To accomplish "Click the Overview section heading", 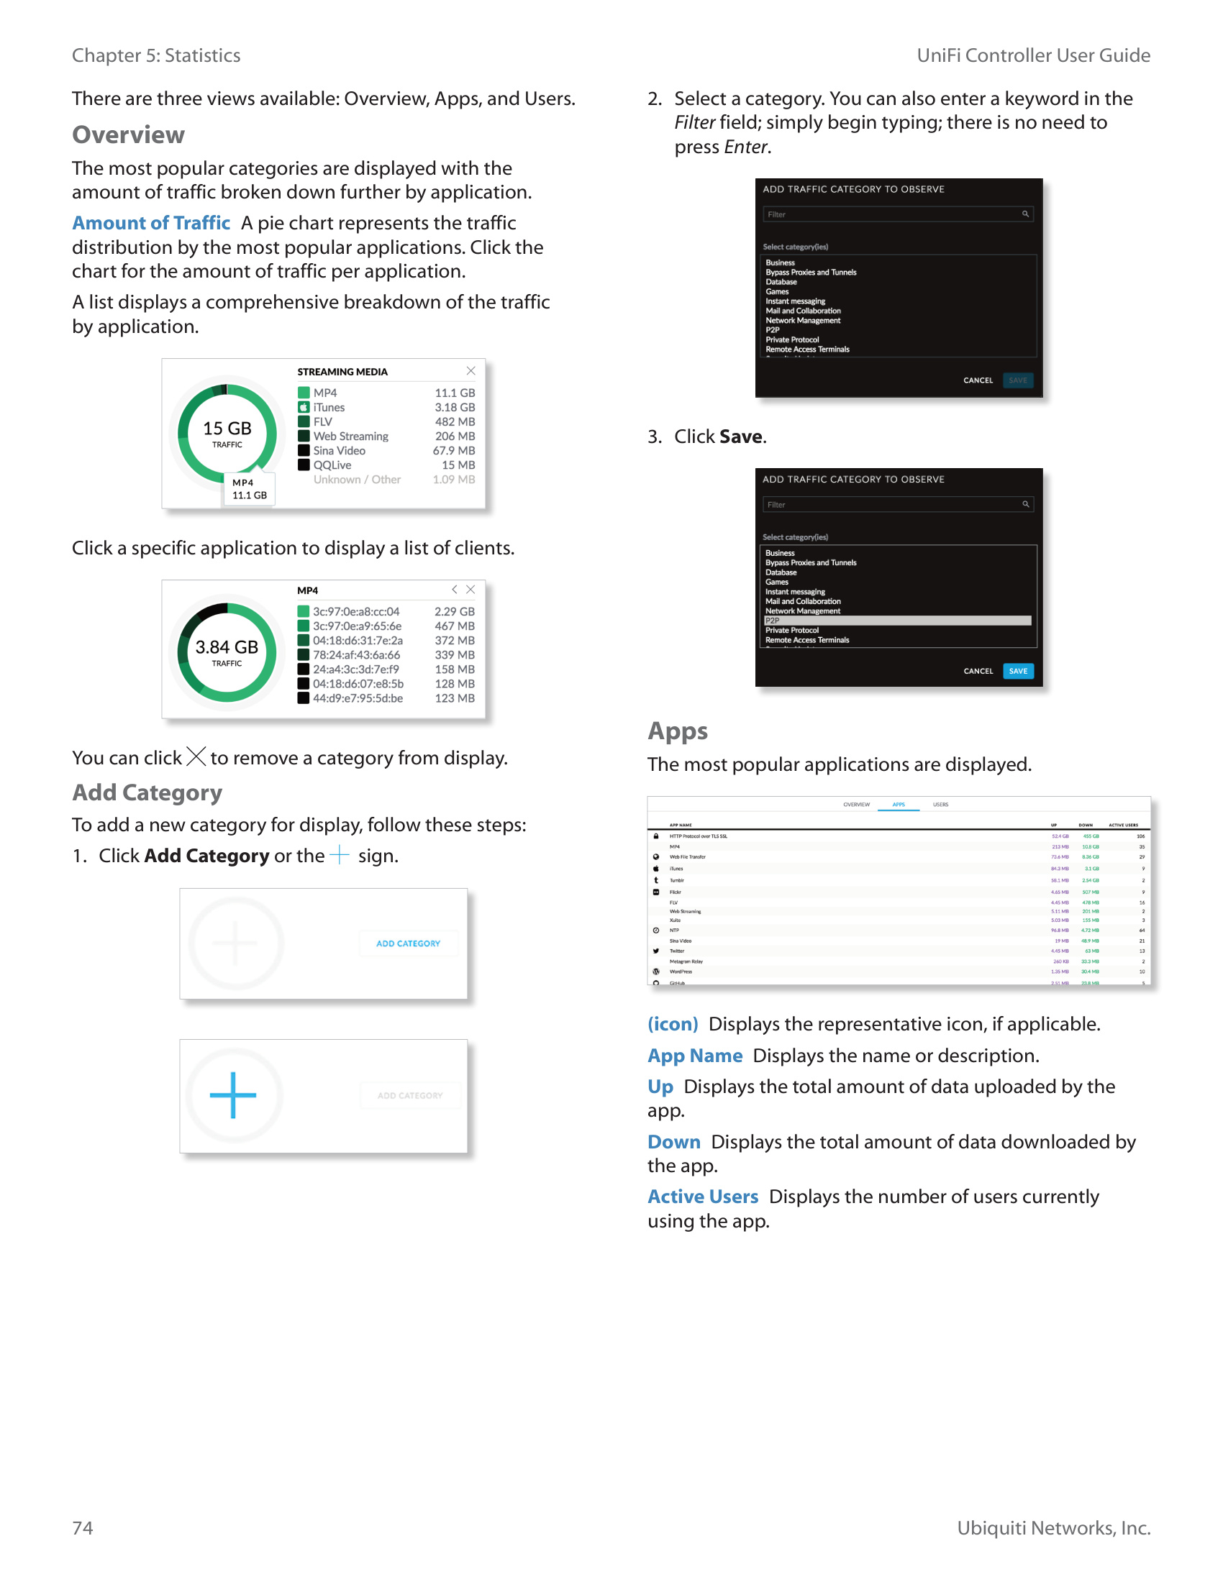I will pos(128,134).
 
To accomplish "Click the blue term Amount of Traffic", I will pos(150,223).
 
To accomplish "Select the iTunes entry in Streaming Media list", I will pos(329,407).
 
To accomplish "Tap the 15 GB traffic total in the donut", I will pos(227,429).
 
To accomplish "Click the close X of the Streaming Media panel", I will pos(471,371).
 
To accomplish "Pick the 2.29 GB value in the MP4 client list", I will pos(454,611).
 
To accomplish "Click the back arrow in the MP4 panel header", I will pos(454,590).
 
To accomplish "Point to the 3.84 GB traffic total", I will pos(227,648).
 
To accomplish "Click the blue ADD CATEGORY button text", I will pos(408,944).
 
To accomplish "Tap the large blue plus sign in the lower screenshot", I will pos(232,1094).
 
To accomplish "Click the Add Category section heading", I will pos(147,792).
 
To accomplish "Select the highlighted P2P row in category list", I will pos(897,621).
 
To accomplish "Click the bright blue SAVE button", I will pos(1018,672).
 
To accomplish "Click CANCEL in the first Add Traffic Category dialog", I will pos(978,380).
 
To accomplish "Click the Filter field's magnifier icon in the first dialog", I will pos(1025,214).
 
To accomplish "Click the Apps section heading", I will pos(678,731).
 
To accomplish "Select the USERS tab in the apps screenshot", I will pos(940,805).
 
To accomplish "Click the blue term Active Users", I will pos(703,1197).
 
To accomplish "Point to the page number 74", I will pos(83,1527).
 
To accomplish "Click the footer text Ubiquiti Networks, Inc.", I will pos(1053,1527).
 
